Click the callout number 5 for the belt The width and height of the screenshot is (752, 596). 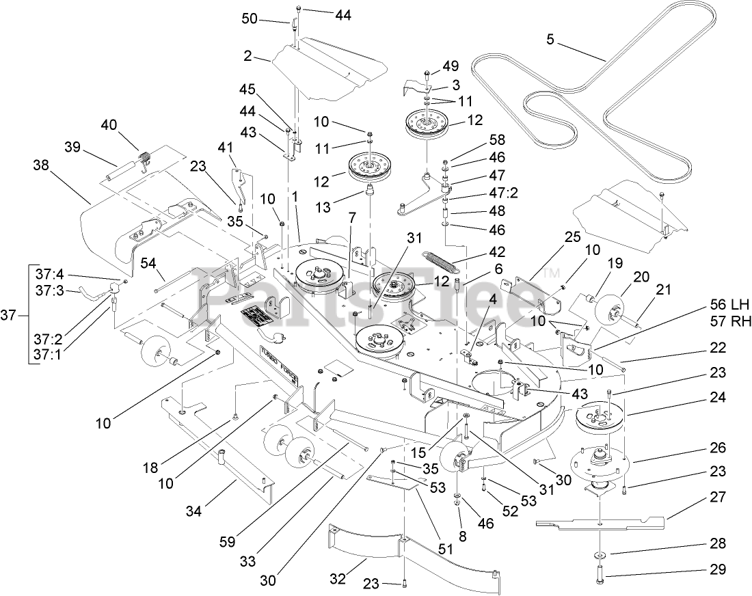(x=550, y=39)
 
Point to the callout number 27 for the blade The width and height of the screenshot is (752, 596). (x=717, y=498)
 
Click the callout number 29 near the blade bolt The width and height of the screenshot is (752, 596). (x=717, y=569)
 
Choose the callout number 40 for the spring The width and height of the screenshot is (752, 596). (x=109, y=124)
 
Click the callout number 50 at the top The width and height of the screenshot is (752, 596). (x=250, y=18)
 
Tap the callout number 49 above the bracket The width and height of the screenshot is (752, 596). (x=451, y=66)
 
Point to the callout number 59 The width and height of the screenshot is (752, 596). (x=228, y=541)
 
